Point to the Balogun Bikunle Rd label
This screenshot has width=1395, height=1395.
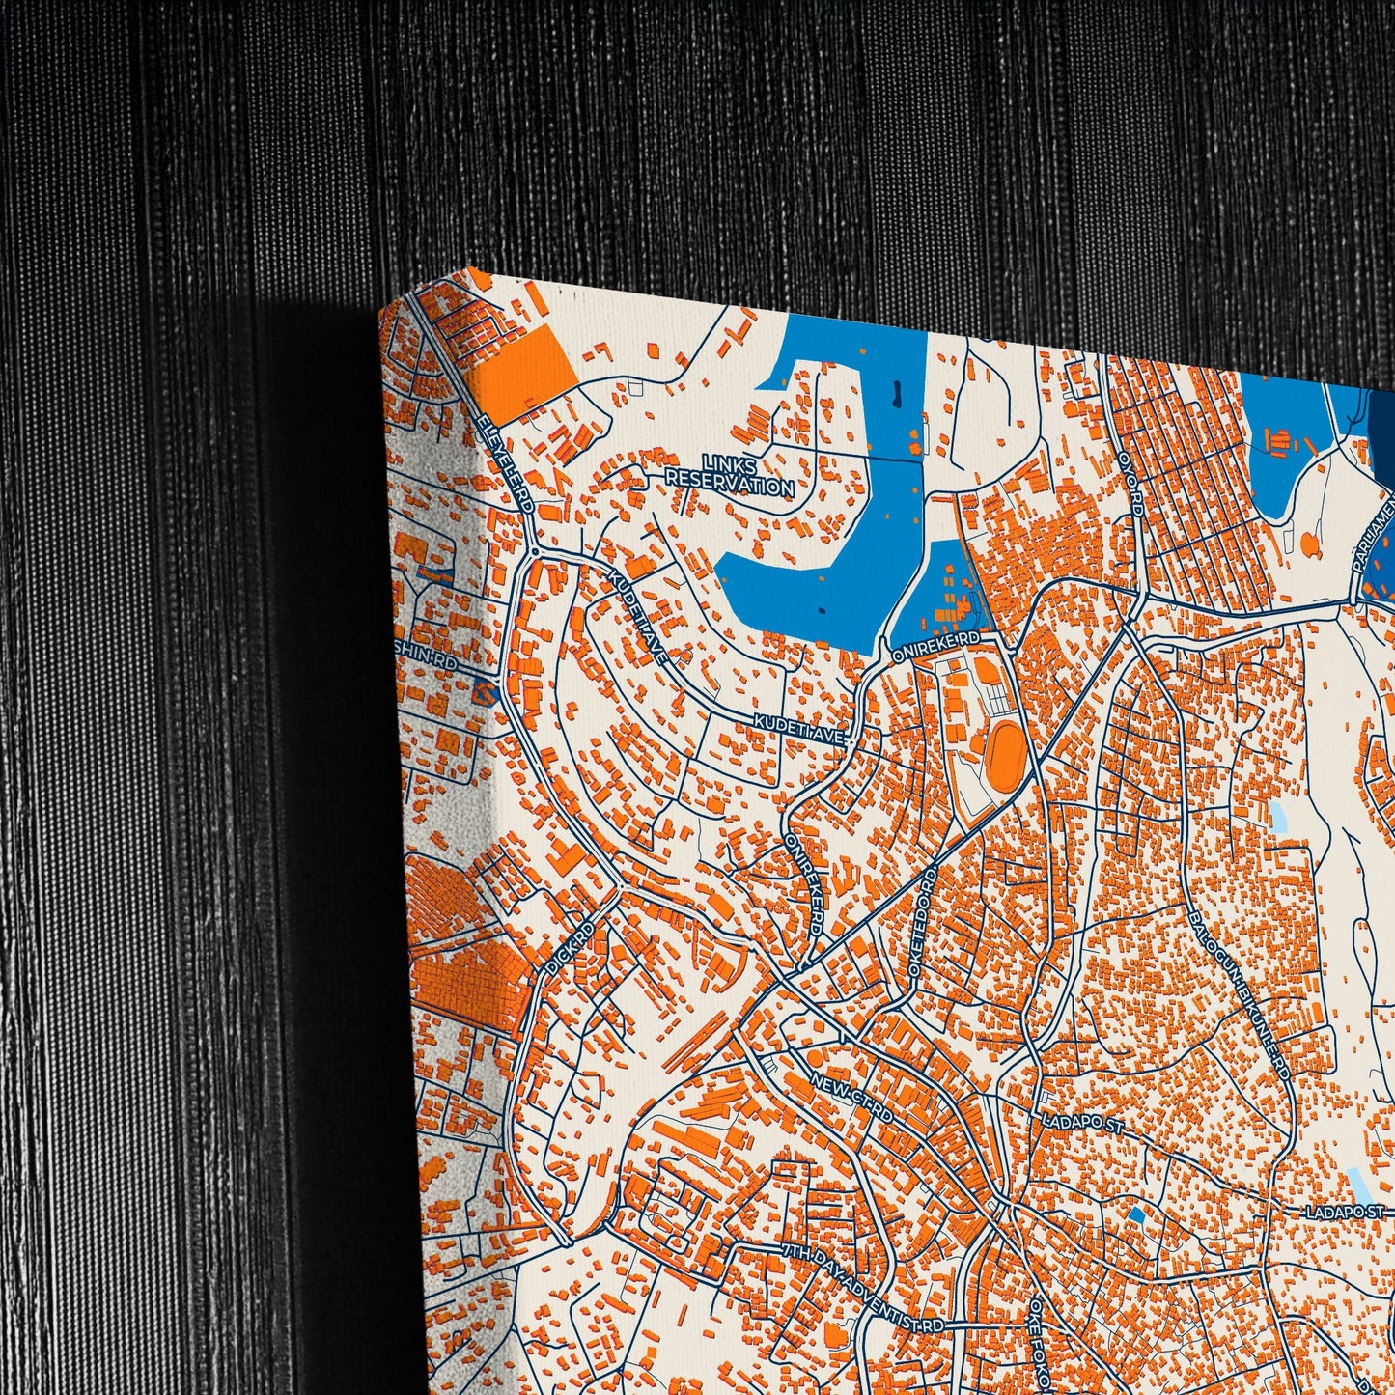coord(1240,994)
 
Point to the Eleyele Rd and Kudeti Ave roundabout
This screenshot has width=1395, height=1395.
coord(533,551)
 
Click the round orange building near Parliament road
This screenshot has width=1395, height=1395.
coord(1308,544)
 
